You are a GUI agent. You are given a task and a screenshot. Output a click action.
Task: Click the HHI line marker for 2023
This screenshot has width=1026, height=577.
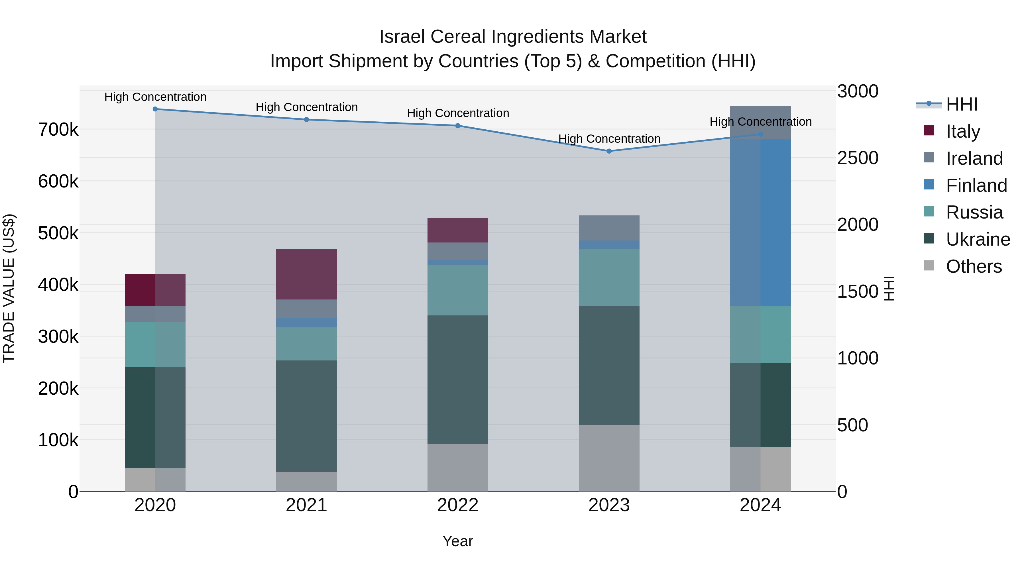609,151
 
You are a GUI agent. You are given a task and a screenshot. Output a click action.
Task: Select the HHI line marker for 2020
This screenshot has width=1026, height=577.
155,109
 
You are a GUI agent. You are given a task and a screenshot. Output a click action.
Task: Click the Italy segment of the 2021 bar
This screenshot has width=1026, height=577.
306,274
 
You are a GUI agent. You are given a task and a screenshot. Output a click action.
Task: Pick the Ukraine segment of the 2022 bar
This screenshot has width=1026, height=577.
458,380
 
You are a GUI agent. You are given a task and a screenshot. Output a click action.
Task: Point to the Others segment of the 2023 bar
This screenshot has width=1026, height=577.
609,458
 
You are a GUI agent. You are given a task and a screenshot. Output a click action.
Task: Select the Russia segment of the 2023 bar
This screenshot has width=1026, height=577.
609,277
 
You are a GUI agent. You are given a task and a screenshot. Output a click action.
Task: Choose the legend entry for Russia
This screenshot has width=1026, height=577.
974,212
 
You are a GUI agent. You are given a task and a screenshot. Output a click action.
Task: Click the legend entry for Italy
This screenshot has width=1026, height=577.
963,131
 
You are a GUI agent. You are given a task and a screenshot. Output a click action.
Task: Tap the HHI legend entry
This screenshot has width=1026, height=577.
962,104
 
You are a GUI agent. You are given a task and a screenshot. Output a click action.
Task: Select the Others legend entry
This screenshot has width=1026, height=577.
974,266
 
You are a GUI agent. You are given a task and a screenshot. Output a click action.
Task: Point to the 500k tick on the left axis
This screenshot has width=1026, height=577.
58,233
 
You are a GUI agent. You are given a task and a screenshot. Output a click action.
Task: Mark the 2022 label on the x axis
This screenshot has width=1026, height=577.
458,505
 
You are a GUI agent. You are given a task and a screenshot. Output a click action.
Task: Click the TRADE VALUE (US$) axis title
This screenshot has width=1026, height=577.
9,288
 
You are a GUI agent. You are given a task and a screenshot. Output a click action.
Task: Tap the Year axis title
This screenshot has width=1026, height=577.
458,541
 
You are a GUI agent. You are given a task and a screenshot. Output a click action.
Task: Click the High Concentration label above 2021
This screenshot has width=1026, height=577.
307,107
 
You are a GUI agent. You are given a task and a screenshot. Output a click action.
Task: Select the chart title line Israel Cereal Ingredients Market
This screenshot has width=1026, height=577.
513,37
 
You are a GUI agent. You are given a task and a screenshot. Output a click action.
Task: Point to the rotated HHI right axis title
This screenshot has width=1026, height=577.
889,288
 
